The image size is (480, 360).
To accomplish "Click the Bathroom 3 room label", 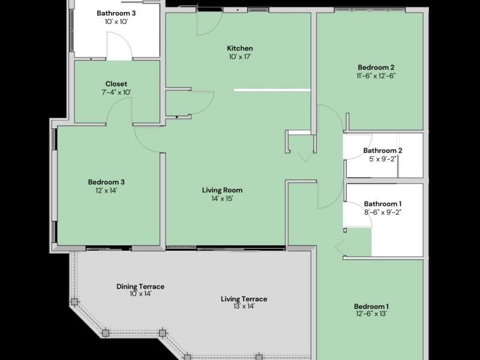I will coord(116,13).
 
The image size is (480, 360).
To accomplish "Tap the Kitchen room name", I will coord(239,49).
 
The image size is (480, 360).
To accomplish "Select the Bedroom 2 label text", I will coord(376,68).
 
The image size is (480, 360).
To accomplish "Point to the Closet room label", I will coord(116,84).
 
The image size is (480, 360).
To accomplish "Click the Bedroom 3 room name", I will coord(106,182).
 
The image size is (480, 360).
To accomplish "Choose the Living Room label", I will coord(222,190).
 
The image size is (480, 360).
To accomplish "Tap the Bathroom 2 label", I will coord(382,151).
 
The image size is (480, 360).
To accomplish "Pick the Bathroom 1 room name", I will coord(382,204).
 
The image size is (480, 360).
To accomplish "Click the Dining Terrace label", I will coord(140,287).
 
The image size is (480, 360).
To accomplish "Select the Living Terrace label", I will coord(244,299).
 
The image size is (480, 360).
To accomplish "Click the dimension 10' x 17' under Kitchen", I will coord(239,57).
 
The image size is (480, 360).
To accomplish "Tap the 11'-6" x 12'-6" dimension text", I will coord(376,76).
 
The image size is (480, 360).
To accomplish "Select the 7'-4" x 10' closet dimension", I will coord(116,92).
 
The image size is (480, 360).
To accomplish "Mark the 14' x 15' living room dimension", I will coord(222,199).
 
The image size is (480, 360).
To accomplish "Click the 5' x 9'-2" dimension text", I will coord(382,159).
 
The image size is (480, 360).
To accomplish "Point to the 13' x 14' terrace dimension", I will coord(244,307).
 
